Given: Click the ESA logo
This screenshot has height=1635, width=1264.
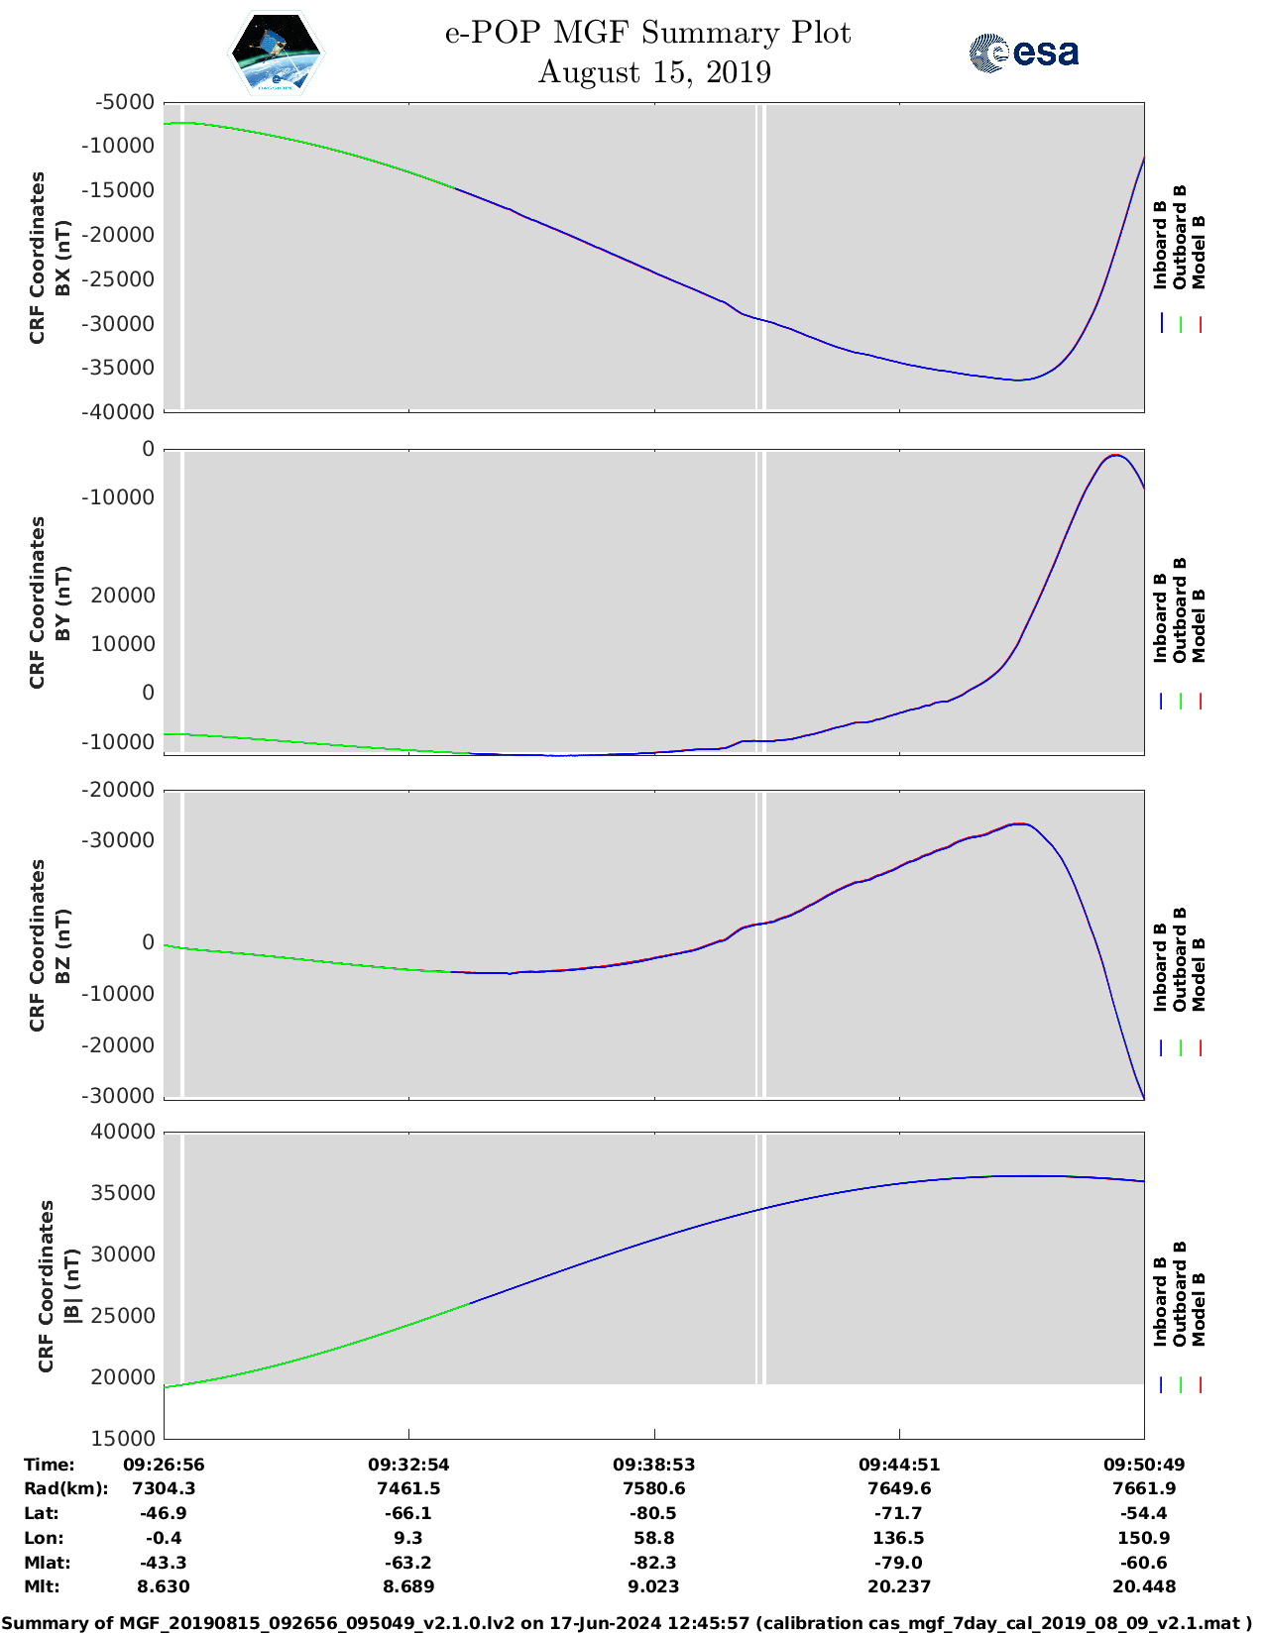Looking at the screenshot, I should pyautogui.click(x=1023, y=53).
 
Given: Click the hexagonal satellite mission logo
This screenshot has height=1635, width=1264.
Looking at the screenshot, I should pyautogui.click(x=276, y=54).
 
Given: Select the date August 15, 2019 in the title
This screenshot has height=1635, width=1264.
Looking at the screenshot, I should pyautogui.click(x=654, y=72).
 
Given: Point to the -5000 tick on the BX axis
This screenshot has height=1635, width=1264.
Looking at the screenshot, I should pyautogui.click(x=126, y=102).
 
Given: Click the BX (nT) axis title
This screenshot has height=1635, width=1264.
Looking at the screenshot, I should pyautogui.click(x=62, y=258).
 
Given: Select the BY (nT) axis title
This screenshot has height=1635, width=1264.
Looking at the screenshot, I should pyautogui.click(x=62, y=602).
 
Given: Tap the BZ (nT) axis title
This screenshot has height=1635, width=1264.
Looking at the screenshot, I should pyautogui.click(x=62, y=945).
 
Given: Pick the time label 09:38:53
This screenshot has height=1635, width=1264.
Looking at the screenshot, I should pyautogui.click(x=654, y=1465).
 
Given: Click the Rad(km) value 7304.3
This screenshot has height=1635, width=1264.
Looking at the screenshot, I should pyautogui.click(x=164, y=1488).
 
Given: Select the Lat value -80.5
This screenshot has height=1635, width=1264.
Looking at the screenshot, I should pyautogui.click(x=654, y=1513).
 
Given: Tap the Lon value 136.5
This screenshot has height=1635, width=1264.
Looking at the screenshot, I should pyautogui.click(x=899, y=1538).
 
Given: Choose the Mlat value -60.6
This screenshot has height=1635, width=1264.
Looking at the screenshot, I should pyautogui.click(x=1144, y=1563).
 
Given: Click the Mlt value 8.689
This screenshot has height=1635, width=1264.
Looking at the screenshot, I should pyautogui.click(x=408, y=1586).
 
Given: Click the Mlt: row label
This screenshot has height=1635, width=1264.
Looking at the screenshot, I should pyautogui.click(x=42, y=1586).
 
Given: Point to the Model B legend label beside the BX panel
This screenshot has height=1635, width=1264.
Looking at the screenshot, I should pyautogui.click(x=1199, y=252).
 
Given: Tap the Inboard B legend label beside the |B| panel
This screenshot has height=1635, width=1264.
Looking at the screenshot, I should pyautogui.click(x=1160, y=1301).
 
